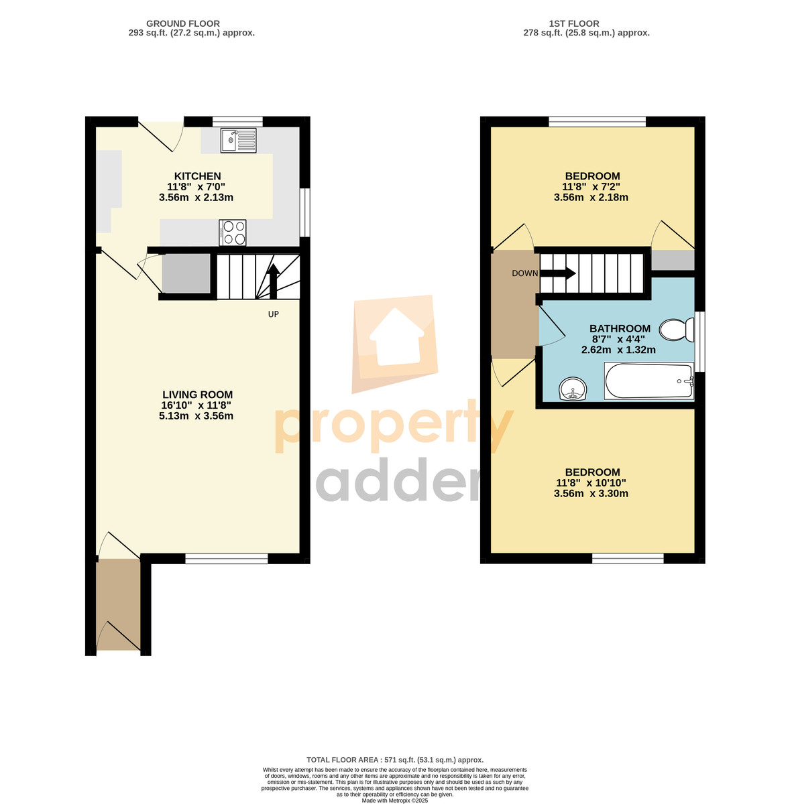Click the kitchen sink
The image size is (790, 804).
tap(239, 141)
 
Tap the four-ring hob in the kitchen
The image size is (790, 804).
tap(232, 232)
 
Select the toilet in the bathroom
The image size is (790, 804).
tap(676, 330)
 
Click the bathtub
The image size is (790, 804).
tap(648, 381)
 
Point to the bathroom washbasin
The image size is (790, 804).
tap(572, 389)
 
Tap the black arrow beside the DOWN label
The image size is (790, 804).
tap(557, 274)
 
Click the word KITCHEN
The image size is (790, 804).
tap(197, 176)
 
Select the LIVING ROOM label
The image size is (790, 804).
tap(197, 394)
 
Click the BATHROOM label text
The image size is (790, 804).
tap(620, 328)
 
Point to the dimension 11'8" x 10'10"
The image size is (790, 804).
tap(591, 482)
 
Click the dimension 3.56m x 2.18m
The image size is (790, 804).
tap(591, 198)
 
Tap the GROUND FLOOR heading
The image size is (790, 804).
tap(183, 23)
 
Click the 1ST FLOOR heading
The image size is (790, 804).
tap(573, 23)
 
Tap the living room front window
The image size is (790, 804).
tap(227, 558)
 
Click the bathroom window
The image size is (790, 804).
tap(699, 341)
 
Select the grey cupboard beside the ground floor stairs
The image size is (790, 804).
tap(186, 273)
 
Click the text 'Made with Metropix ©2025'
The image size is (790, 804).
tap(395, 800)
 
